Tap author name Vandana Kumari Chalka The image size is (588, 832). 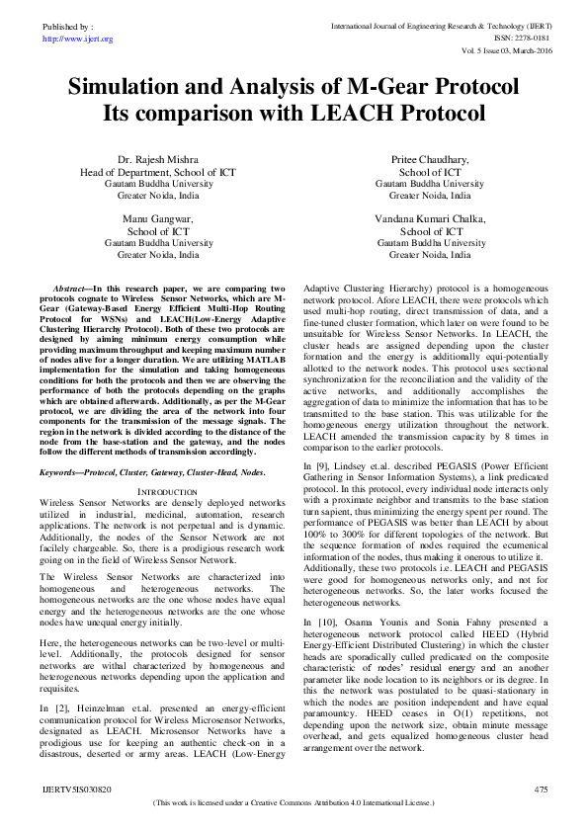point(430,218)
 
